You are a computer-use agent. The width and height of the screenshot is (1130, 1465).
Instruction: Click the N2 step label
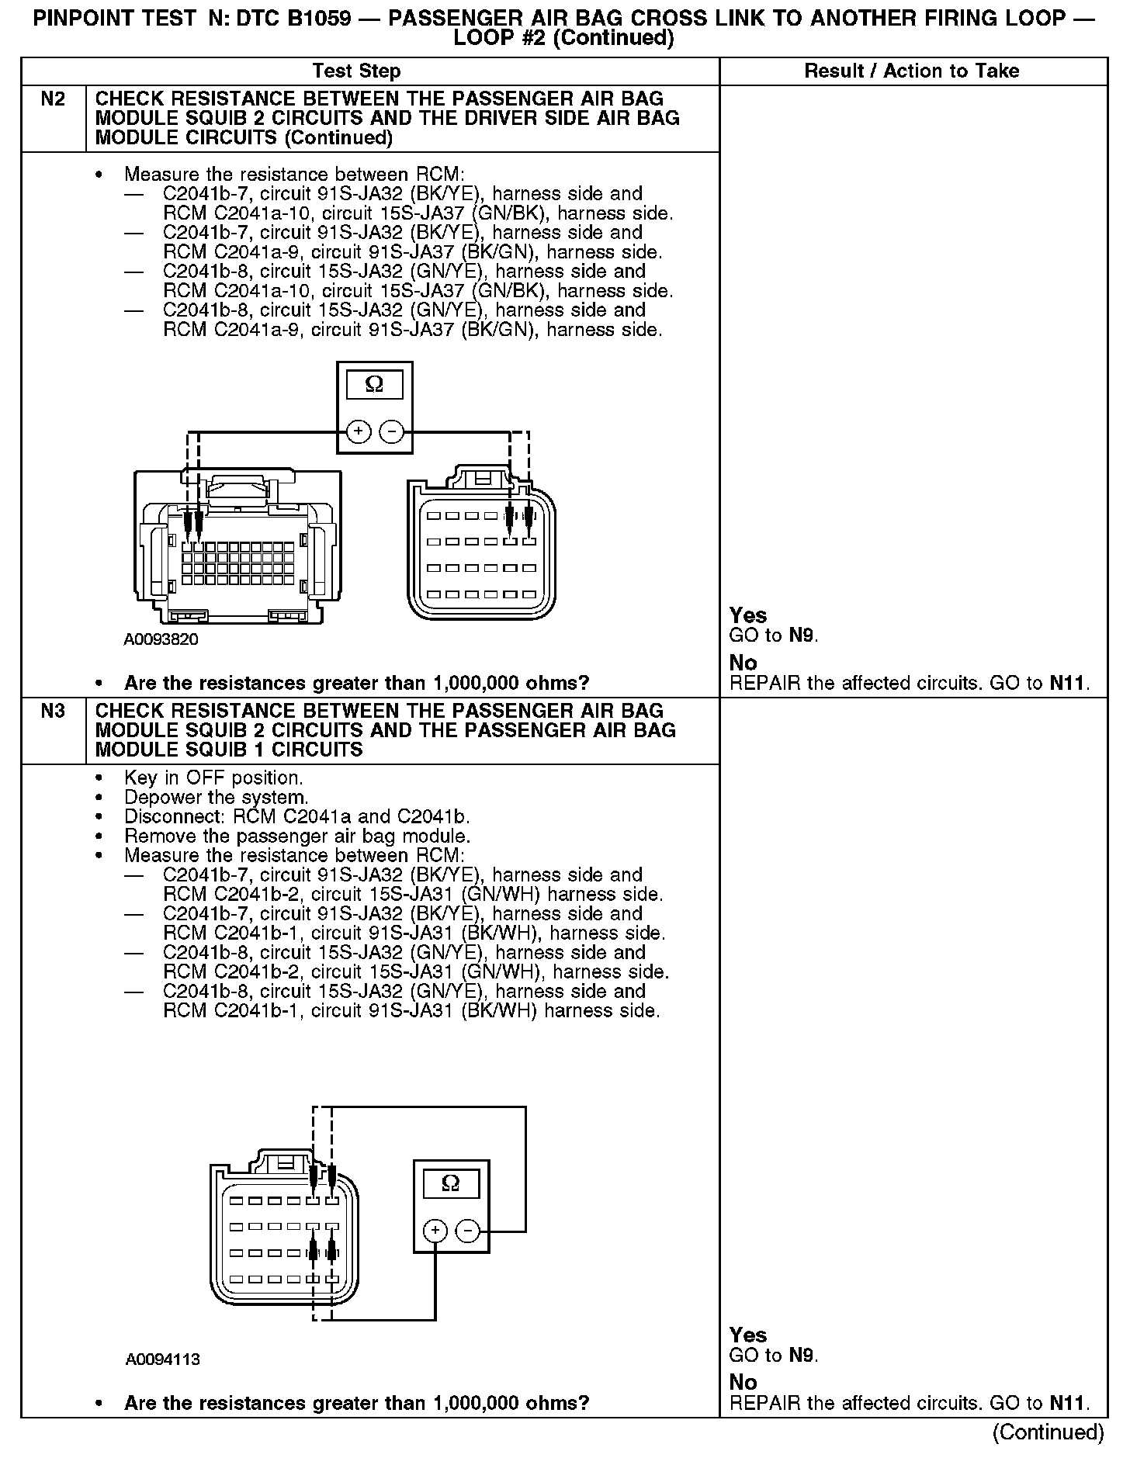(53, 99)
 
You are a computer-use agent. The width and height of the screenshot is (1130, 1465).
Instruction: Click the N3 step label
(53, 711)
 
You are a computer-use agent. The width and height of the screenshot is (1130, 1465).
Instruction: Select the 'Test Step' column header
(356, 71)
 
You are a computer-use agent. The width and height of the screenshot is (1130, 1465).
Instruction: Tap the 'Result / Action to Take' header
(911, 71)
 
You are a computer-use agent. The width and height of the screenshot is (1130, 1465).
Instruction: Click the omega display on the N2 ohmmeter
(374, 385)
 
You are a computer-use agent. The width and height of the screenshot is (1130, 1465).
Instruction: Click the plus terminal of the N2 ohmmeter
(358, 431)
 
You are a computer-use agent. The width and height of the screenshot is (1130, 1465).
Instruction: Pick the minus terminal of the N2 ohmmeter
(393, 431)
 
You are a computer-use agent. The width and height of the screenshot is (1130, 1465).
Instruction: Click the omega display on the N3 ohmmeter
(450, 1183)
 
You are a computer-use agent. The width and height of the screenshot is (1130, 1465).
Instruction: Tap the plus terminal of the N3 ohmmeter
(435, 1231)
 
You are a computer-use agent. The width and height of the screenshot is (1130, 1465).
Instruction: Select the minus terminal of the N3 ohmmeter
(467, 1231)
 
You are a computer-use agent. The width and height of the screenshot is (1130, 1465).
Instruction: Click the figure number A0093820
(161, 640)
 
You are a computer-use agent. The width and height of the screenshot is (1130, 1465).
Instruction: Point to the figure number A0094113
(163, 1359)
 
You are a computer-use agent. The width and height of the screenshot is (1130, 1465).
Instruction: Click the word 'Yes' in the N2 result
(748, 615)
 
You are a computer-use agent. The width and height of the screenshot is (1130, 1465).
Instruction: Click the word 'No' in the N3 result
(743, 1382)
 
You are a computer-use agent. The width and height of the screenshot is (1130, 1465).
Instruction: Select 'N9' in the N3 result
(802, 1356)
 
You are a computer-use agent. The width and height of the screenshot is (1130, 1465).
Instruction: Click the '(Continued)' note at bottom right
(1048, 1432)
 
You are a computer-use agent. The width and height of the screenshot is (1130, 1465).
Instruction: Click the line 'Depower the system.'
(217, 798)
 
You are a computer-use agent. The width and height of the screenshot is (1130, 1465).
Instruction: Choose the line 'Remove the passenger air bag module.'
(297, 836)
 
